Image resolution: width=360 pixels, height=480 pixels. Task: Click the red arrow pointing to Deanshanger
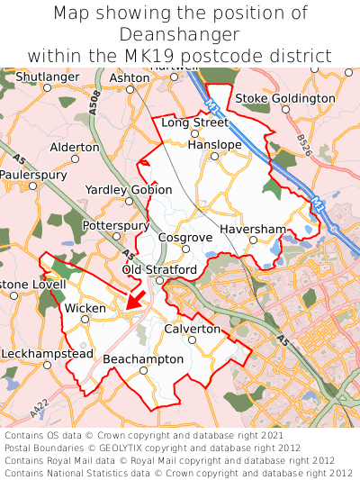[135, 299]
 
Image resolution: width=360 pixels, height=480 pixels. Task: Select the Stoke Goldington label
[284, 98]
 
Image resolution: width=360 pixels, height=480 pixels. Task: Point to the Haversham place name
[253, 230]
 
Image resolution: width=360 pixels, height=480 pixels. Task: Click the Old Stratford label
[159, 269]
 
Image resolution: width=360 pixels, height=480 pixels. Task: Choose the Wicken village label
[85, 308]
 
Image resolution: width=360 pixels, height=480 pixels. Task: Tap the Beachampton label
[143, 358]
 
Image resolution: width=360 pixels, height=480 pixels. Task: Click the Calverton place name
[193, 329]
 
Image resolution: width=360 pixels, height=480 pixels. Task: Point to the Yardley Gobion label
[128, 190]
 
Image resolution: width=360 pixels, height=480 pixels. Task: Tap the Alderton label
[76, 147]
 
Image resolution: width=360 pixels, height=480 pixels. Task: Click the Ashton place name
[129, 78]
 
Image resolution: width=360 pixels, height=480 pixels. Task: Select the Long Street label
[194, 122]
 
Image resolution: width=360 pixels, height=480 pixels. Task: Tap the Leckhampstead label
[46, 354]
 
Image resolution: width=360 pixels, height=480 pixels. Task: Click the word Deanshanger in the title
[180, 34]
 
